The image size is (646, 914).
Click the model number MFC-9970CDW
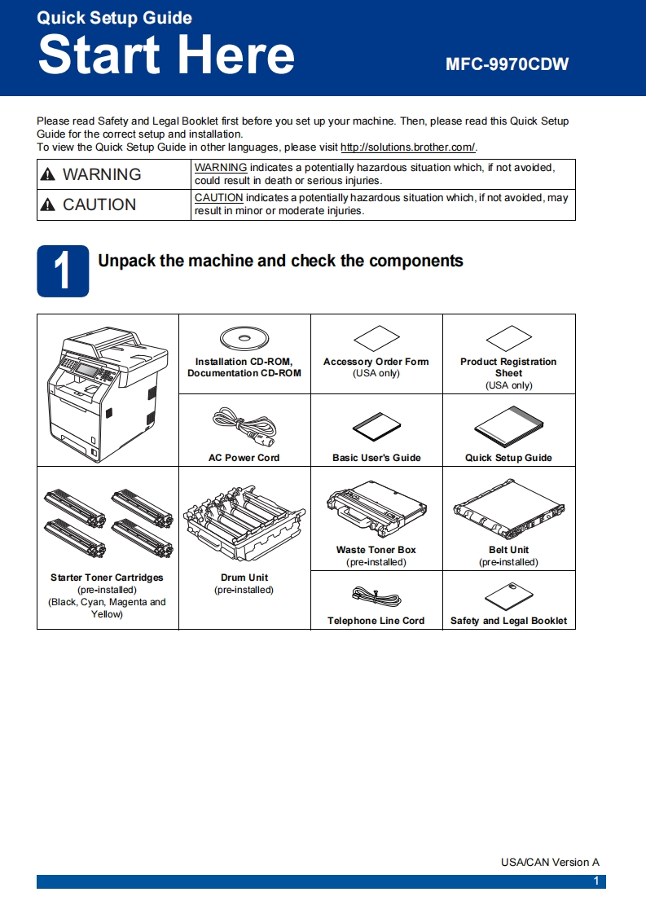tap(507, 64)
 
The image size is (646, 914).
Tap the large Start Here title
tap(166, 55)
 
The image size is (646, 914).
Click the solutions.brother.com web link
tap(407, 147)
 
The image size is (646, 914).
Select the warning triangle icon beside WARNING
tap(49, 174)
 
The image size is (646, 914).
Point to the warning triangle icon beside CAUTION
tap(49, 205)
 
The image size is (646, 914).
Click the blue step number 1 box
tap(63, 271)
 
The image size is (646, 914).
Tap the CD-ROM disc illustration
tap(244, 337)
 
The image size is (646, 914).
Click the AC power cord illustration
tap(244, 424)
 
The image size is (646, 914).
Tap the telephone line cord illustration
tap(376, 595)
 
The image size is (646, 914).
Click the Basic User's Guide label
tap(376, 458)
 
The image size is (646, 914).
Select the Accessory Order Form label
tap(376, 362)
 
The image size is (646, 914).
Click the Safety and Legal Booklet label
tap(508, 621)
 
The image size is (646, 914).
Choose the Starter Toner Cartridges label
tap(107, 578)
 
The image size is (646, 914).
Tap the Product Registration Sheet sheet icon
tap(508, 338)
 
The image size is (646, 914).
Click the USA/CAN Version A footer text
tap(550, 862)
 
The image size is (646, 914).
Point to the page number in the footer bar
tap(596, 881)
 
